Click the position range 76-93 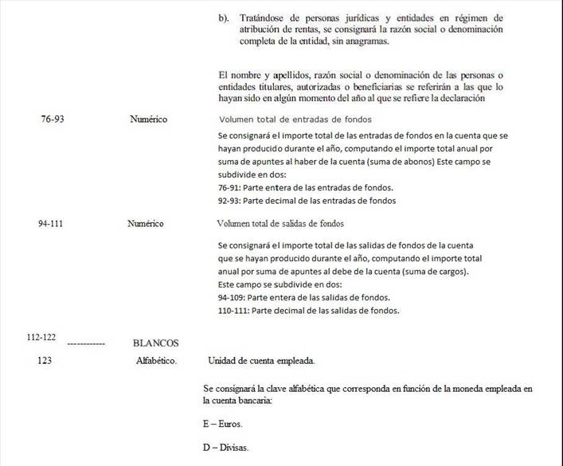pos(53,119)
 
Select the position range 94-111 pos(50,224)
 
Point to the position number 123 pos(45,360)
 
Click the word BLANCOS pos(155,344)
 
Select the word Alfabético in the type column pos(157,360)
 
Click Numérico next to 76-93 pos(148,119)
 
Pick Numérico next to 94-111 pos(146,224)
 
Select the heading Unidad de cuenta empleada pos(261,360)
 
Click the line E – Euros pos(223,424)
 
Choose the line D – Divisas pos(226,448)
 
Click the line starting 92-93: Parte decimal pos(307,200)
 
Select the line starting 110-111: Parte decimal pos(308,310)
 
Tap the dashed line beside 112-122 pos(86,343)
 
